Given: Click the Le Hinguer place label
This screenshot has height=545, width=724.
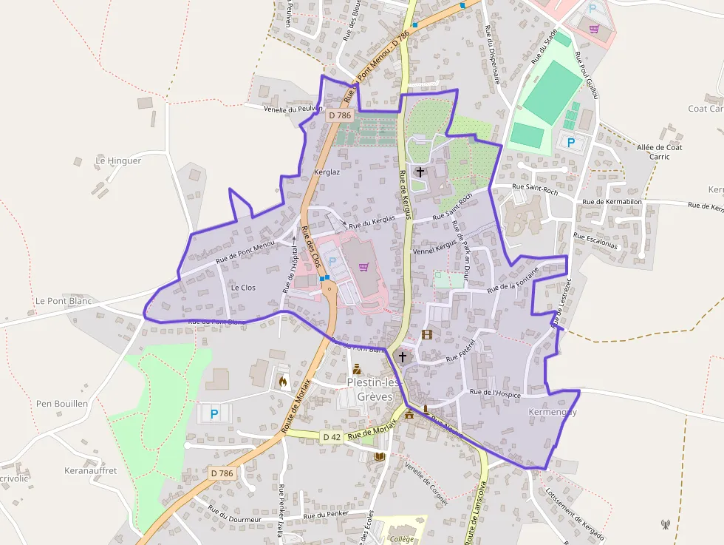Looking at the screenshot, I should (118, 160).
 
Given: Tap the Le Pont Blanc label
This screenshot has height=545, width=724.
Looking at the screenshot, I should (63, 301).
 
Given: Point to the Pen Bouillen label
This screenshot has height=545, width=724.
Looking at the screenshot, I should (62, 404).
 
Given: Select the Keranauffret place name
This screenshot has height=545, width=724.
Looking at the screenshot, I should (91, 470).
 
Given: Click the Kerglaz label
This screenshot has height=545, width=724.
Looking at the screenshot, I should (327, 172).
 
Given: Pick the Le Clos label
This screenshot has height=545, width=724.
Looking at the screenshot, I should (243, 287).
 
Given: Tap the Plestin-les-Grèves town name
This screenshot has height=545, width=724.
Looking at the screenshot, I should (374, 389).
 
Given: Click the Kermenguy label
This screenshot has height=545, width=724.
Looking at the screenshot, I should (553, 412).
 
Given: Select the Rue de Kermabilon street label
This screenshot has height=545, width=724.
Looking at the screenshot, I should (612, 201).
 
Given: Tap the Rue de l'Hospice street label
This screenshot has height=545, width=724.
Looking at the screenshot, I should (495, 394).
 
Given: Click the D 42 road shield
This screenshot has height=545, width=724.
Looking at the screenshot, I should (332, 437).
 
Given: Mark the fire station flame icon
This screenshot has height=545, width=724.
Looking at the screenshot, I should (282, 382).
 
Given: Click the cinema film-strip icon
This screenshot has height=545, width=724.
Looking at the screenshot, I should (426, 334).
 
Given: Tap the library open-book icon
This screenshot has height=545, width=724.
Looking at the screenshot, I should (380, 457).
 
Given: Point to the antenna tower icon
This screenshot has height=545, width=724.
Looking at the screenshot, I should (665, 524).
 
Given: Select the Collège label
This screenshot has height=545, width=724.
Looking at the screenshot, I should (403, 539).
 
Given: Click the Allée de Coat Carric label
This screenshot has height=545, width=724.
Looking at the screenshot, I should (659, 152).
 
